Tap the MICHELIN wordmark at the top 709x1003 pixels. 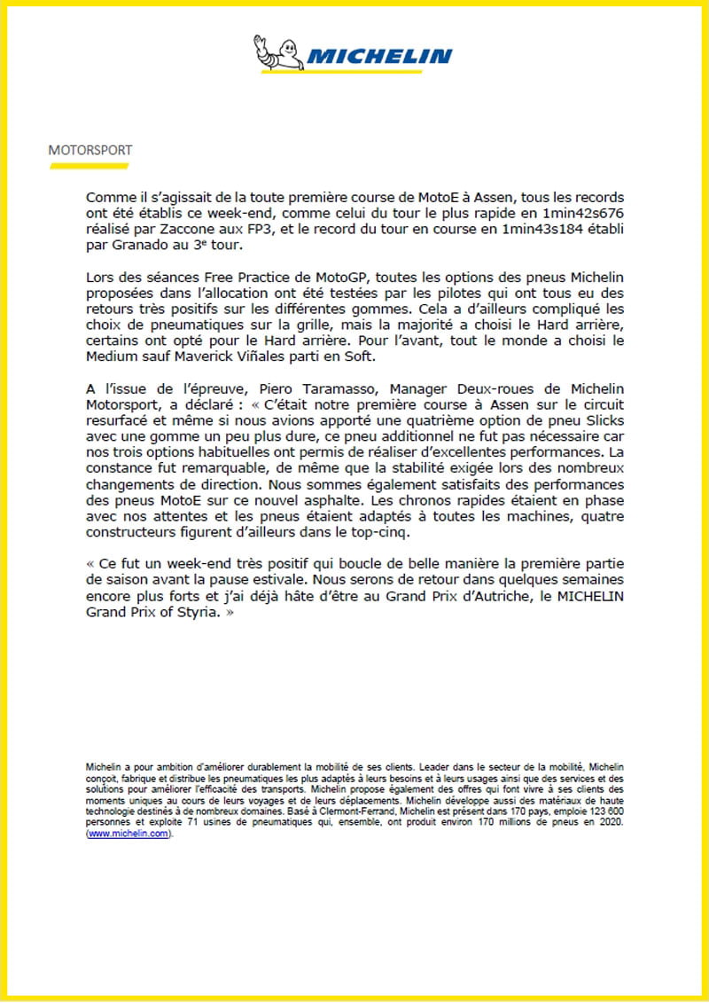pyautogui.click(x=379, y=58)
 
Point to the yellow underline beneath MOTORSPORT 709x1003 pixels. pyautogui.click(x=89, y=164)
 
